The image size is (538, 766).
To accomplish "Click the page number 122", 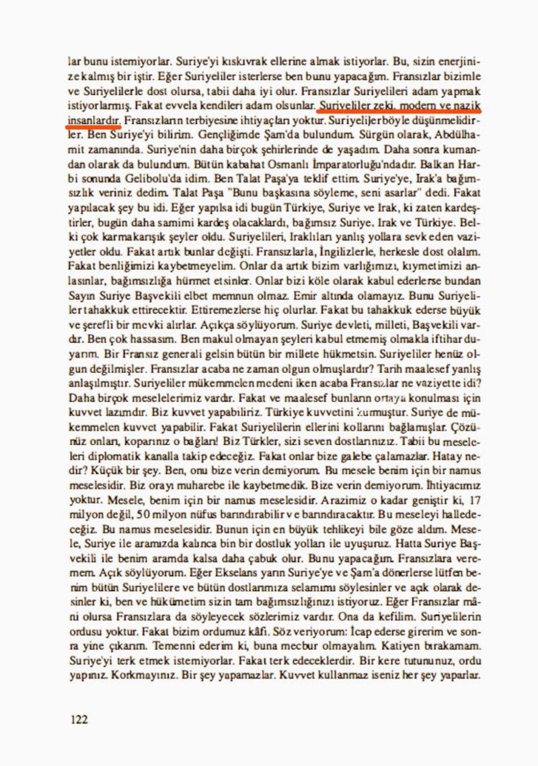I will pos(79,720).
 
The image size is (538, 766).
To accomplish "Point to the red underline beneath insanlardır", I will pos(94,125).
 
